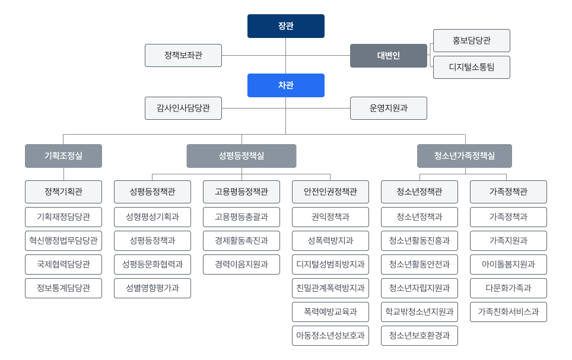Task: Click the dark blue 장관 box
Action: click(x=285, y=26)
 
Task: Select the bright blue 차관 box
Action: click(x=285, y=85)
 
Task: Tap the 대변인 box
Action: click(x=388, y=56)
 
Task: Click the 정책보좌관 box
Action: click(x=183, y=55)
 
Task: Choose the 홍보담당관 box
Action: click(x=471, y=40)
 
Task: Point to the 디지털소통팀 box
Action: click(x=471, y=67)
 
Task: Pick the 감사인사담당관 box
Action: click(x=183, y=108)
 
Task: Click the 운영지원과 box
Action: click(x=388, y=108)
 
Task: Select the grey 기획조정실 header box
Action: click(x=63, y=156)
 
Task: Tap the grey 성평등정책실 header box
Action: click(x=241, y=156)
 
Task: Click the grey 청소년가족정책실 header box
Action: click(x=464, y=156)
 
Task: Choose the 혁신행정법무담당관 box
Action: click(x=63, y=241)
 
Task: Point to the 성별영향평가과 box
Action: click(x=152, y=288)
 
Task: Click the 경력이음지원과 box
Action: click(x=241, y=265)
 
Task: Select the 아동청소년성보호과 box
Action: click(x=331, y=336)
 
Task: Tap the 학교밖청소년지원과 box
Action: click(x=420, y=312)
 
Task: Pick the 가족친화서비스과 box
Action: click(x=509, y=312)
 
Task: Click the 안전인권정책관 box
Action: click(x=331, y=192)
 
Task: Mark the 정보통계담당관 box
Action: click(x=63, y=288)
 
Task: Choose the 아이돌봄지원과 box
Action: click(x=509, y=265)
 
